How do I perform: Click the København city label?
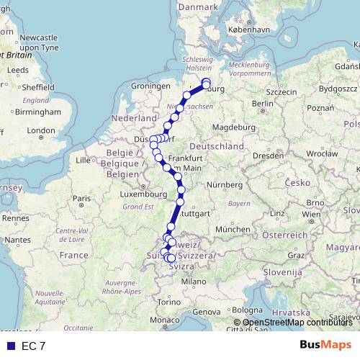point(248,32)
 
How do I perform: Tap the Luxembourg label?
point(143,194)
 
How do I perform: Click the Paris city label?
point(84,198)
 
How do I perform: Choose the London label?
point(42,130)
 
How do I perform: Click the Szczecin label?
point(282,92)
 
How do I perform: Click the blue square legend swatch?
point(10,346)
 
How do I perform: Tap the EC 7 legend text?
point(32,346)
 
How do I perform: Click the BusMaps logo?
point(325,345)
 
